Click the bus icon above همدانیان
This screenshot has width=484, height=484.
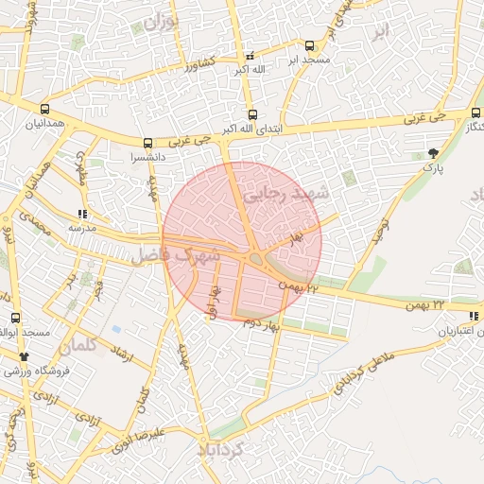click(x=44, y=109)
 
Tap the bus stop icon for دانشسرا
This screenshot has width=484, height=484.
click(x=147, y=143)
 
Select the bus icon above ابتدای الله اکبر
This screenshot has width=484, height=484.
click(x=251, y=113)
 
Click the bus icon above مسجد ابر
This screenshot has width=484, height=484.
click(x=309, y=45)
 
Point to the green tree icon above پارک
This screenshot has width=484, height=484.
click(x=433, y=152)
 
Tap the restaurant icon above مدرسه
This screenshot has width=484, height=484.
click(x=82, y=214)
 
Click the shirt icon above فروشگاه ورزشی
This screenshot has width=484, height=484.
click(x=24, y=356)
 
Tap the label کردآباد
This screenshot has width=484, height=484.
click(x=233, y=449)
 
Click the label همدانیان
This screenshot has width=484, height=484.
click(x=44, y=124)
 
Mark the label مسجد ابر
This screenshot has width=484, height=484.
click(x=308, y=60)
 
